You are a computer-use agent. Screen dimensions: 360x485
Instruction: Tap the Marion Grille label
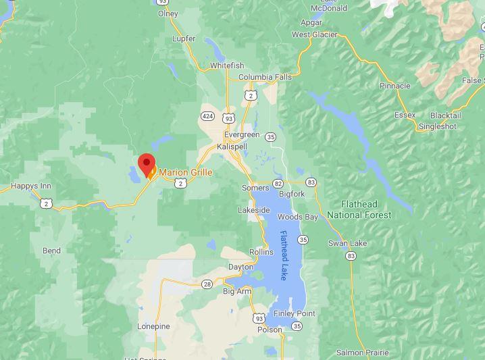[x=185, y=172]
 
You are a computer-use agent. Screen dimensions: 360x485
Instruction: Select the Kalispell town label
[x=232, y=147]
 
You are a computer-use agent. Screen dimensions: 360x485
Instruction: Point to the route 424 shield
[x=207, y=116]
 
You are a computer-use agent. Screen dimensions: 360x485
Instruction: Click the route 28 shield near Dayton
[x=207, y=284]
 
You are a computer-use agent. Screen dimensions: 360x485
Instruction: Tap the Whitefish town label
[x=227, y=66]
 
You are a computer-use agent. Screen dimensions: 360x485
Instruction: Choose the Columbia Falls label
[x=265, y=77]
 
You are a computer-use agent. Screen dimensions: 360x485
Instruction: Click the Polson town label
[x=270, y=330]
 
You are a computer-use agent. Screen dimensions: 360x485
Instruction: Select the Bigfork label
[x=292, y=194]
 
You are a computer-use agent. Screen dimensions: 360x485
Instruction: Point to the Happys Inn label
[x=31, y=186]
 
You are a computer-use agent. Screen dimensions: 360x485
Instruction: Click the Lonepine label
[x=153, y=326]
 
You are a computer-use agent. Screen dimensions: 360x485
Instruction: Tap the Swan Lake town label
[x=347, y=243]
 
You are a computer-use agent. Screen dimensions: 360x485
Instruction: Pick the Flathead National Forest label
[x=359, y=209]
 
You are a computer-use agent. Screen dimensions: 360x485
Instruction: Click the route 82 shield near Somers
[x=278, y=183]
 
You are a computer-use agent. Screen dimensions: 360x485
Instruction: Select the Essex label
[x=405, y=115]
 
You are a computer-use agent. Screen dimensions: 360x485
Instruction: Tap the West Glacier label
[x=314, y=34]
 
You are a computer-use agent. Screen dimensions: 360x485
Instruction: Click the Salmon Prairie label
[x=363, y=353]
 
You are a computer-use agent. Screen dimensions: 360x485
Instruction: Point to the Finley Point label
[x=295, y=313]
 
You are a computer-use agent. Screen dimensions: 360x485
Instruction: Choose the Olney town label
[x=168, y=14]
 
